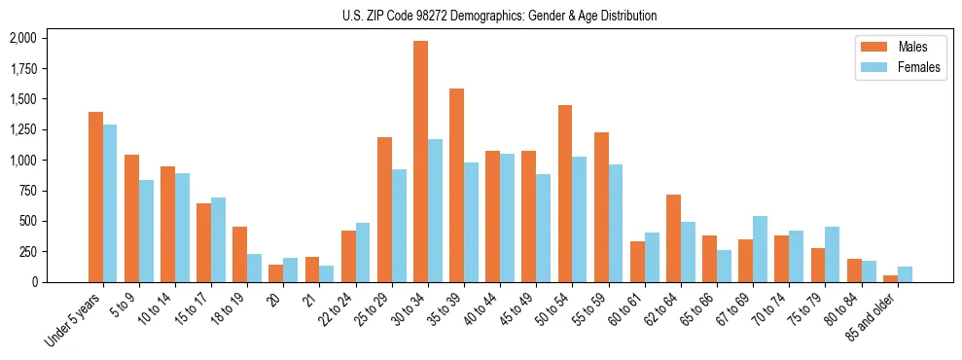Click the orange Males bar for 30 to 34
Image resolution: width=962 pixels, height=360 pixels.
pyautogui.click(x=420, y=162)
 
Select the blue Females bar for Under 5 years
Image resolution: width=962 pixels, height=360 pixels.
pyautogui.click(x=110, y=203)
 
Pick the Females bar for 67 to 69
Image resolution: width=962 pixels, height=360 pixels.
pyautogui.click(x=760, y=249)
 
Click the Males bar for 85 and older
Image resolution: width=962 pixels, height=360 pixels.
pyautogui.click(x=890, y=278)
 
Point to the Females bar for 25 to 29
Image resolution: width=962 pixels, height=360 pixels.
pyautogui.click(x=399, y=226)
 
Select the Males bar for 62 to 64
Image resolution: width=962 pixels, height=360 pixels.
pyautogui.click(x=673, y=238)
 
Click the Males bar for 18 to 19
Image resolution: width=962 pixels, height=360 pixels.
pyautogui.click(x=240, y=254)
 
